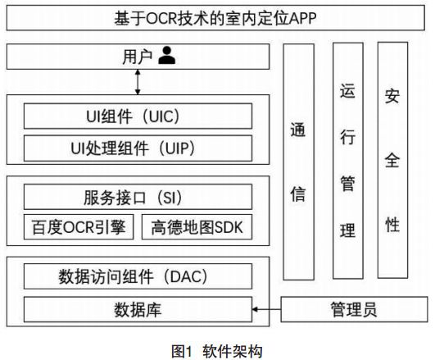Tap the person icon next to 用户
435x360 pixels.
pos(168,56)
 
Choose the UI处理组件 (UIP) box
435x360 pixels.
pos(137,148)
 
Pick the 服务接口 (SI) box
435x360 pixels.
pos(137,197)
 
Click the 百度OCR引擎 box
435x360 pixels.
pos(78,226)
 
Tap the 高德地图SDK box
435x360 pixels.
pos(197,226)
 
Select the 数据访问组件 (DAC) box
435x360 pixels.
pos(137,276)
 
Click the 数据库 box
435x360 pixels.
pos(137,310)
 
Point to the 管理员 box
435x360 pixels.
pos(353,310)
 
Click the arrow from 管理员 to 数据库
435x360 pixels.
pos(266,310)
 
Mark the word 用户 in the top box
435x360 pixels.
pos(134,57)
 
